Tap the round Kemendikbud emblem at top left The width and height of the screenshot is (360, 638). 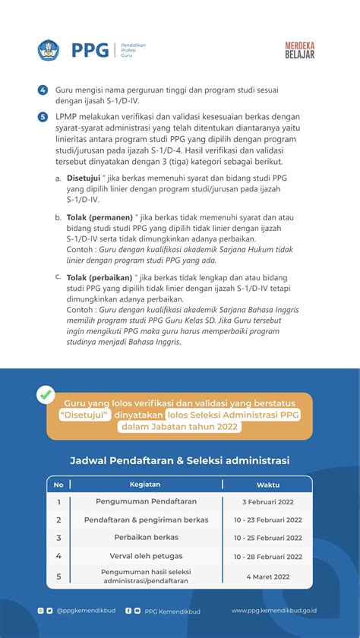click(x=48, y=51)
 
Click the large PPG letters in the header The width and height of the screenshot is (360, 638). click(x=90, y=51)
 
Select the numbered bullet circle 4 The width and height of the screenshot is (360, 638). click(x=43, y=90)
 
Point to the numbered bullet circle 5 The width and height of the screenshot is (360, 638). click(x=43, y=117)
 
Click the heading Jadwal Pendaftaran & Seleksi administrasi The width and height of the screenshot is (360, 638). click(x=179, y=460)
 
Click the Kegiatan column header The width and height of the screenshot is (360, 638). click(x=145, y=484)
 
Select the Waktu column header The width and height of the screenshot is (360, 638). click(x=267, y=484)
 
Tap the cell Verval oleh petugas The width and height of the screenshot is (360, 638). click(x=146, y=555)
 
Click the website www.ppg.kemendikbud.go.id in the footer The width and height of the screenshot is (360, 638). click(x=274, y=610)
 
